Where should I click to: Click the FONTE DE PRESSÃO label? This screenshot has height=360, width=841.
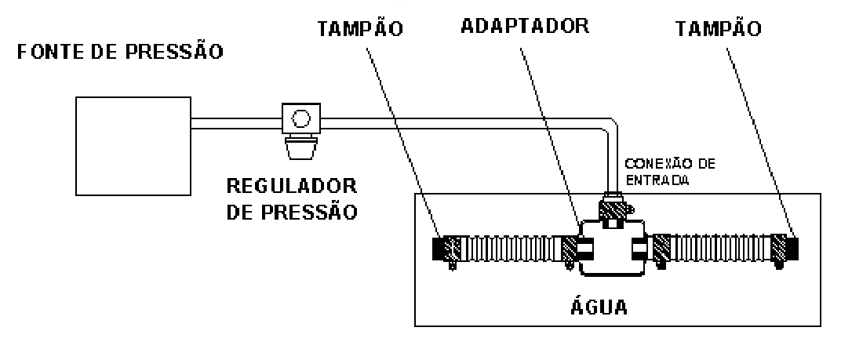(x=120, y=52)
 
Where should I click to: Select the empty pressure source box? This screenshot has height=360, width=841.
(x=133, y=146)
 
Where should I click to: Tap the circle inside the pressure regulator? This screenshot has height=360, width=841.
(x=301, y=118)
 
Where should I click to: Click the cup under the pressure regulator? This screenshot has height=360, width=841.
(x=301, y=148)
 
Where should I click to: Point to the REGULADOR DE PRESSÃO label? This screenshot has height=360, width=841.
(x=292, y=199)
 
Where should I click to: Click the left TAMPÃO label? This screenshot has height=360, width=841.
(x=359, y=28)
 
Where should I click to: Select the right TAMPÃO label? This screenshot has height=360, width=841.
(x=718, y=28)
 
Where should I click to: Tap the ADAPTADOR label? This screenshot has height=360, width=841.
(x=525, y=27)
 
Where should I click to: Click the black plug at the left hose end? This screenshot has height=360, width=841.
(x=438, y=249)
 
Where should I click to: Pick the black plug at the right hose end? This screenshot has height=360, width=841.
(x=792, y=249)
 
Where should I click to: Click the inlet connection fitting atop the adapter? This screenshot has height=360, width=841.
(x=613, y=207)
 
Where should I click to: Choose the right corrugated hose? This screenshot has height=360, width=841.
(x=719, y=249)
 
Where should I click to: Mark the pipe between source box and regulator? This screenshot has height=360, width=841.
(x=237, y=123)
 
